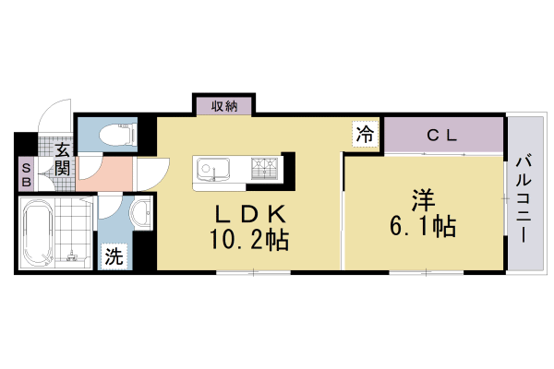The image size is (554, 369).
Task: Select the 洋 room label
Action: pos(423,198)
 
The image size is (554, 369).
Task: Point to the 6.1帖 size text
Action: pos(423,226)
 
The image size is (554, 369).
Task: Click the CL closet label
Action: pos(443,135)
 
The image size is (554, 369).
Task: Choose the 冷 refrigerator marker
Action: pos(366,133)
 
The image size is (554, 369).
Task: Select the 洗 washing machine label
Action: pos(112,256)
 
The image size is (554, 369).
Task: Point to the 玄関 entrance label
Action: pos(62,158)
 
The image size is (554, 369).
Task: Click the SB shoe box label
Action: pos(26,174)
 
